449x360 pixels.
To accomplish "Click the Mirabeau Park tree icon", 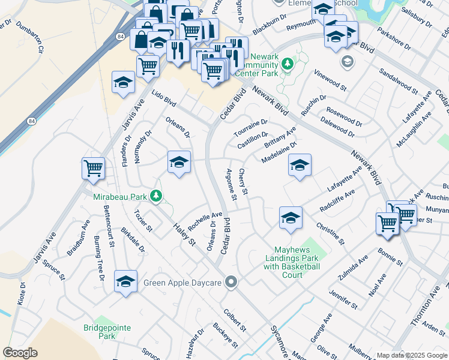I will point(156,196).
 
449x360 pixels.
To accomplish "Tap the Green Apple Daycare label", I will point(183,281).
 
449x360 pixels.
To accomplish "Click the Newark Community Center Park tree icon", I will point(288,63).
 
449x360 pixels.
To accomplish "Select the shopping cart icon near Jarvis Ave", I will point(93,169).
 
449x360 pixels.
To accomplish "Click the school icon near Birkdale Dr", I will point(126,281).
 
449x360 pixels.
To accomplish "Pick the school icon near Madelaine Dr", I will point(300,165).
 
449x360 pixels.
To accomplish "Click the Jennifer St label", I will point(343,298).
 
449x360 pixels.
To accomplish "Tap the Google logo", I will point(20,353).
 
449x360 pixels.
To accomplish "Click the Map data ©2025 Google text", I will point(411,355).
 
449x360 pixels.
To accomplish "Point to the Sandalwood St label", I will point(398,81).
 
